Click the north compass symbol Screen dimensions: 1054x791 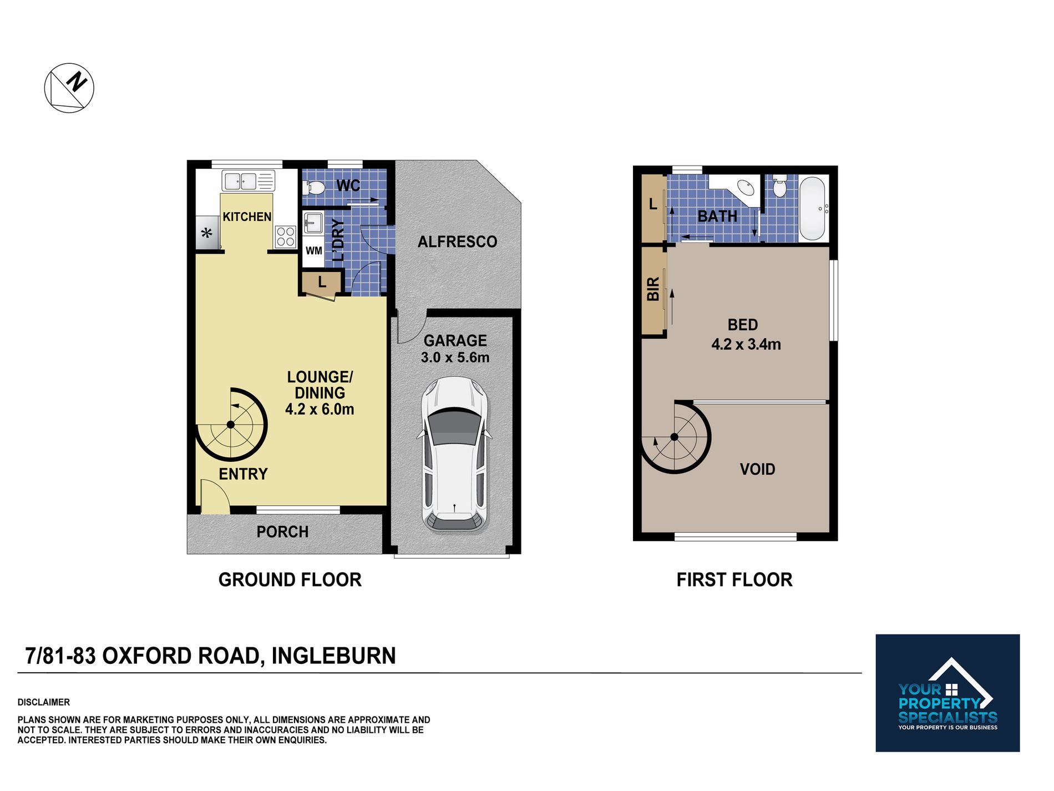[x=69, y=88]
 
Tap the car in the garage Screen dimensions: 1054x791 [x=454, y=454]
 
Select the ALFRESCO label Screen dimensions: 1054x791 [x=457, y=242]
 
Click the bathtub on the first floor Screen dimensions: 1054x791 [x=813, y=209]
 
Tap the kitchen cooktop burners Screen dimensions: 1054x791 [x=286, y=236]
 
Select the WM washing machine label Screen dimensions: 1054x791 [x=314, y=250]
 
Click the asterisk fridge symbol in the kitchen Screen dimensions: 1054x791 [x=206, y=233]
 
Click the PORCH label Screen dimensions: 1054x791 [x=282, y=532]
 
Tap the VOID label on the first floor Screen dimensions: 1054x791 [x=757, y=470]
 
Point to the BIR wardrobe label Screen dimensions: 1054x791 [x=653, y=289]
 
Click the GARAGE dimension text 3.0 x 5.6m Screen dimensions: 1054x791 [x=455, y=357]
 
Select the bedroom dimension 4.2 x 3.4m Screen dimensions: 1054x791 [x=746, y=344]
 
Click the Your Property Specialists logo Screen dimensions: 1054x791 [x=947, y=693]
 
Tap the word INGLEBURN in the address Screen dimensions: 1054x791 [x=333, y=656]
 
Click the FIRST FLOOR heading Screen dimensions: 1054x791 [x=734, y=580]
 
